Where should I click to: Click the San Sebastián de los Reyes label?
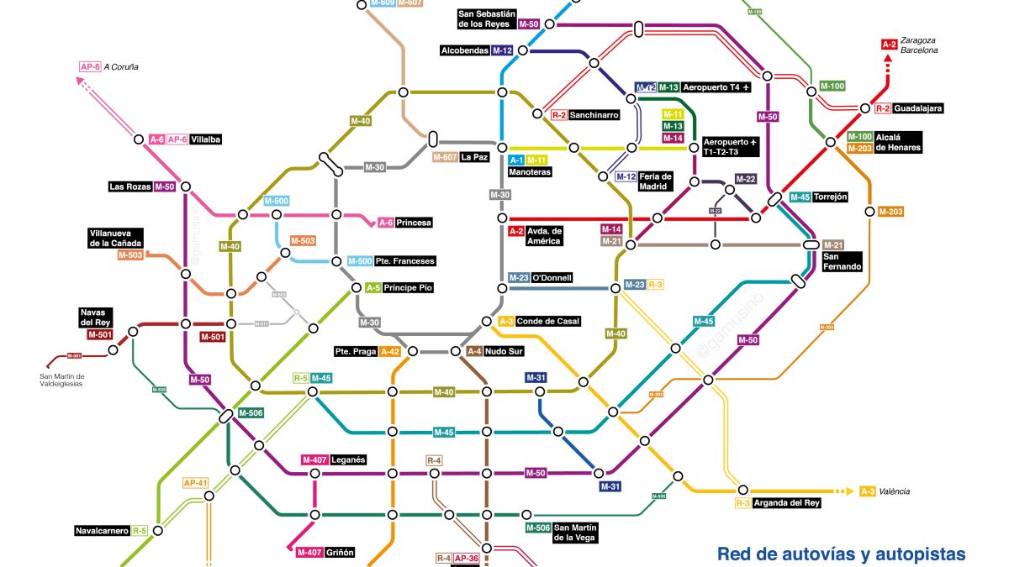(x=487, y=18)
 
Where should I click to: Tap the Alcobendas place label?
(x=465, y=50)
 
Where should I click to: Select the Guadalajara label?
(x=918, y=108)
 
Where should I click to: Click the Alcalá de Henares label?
(x=898, y=142)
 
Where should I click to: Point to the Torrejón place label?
(x=831, y=197)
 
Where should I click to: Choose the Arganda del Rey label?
(x=787, y=503)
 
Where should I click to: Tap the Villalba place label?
(x=206, y=140)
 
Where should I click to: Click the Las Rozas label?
(x=129, y=186)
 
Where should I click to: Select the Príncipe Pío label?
(x=409, y=288)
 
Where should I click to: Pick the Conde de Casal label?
(x=548, y=321)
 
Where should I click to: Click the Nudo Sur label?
(x=504, y=351)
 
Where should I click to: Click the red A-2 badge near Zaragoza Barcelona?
(x=889, y=45)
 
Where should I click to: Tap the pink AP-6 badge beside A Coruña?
(x=90, y=66)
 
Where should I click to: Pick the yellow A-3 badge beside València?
(x=868, y=491)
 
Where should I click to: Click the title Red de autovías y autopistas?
(x=841, y=554)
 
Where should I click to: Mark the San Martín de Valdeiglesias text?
(x=74, y=380)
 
